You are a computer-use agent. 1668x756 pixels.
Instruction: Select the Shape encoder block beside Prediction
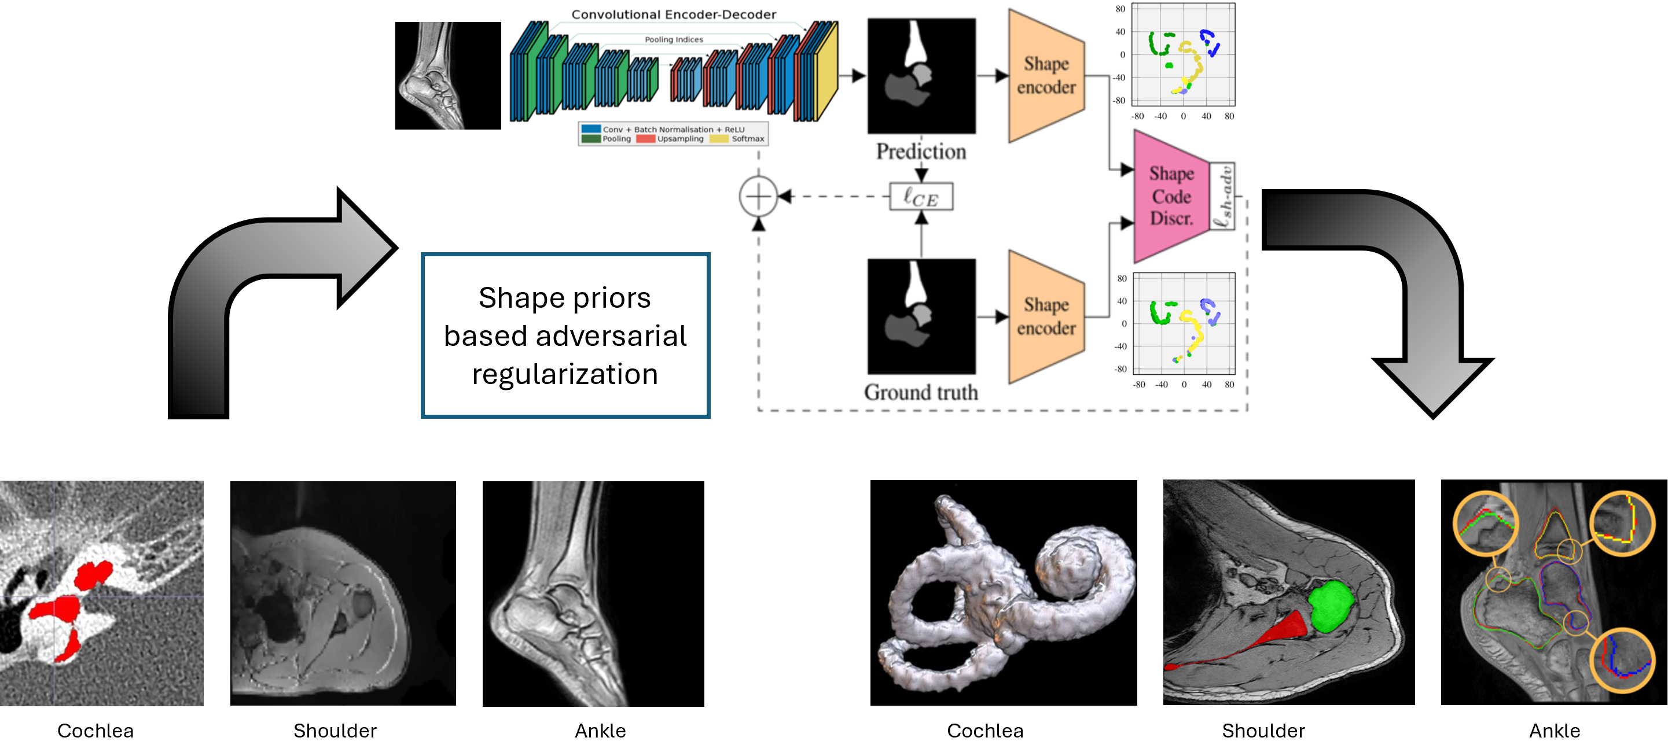(1046, 76)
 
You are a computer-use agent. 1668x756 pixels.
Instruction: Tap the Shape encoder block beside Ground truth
(1046, 316)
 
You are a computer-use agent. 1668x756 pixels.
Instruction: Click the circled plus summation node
(758, 196)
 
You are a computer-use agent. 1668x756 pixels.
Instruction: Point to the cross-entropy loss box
(921, 197)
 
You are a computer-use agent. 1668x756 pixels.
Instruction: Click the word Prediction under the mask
(921, 152)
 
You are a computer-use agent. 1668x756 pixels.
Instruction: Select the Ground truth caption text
(921, 392)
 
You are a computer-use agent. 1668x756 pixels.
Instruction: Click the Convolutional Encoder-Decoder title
(674, 14)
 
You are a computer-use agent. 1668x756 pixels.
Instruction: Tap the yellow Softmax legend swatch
(719, 138)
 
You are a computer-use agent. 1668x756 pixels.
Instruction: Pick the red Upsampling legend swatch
(645, 138)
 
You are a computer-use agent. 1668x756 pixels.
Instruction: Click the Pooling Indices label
(674, 39)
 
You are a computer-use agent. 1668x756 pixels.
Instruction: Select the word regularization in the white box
(565, 374)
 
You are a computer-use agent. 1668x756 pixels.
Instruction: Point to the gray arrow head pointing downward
(1433, 385)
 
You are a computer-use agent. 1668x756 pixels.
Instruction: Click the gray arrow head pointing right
(366, 247)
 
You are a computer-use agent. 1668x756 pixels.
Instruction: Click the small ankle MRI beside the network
(432, 76)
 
